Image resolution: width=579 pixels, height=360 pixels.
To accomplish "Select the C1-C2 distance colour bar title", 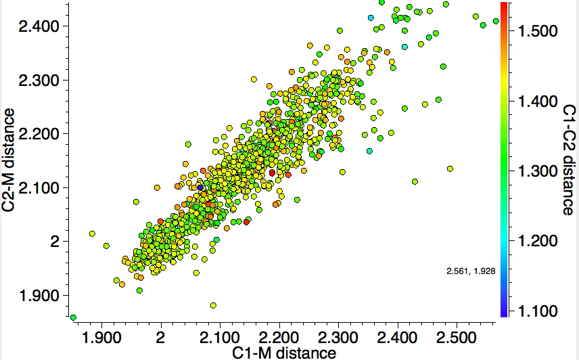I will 568,160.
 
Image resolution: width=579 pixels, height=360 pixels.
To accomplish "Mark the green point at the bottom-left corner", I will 73,317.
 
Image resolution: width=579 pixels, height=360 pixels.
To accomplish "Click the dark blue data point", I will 200,187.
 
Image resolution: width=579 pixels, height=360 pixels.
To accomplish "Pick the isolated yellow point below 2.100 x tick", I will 213,305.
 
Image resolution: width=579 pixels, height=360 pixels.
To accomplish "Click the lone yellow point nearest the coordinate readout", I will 450,168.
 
